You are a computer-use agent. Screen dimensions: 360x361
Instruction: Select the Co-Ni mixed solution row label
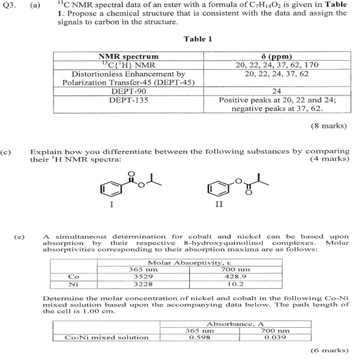[108, 337]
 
